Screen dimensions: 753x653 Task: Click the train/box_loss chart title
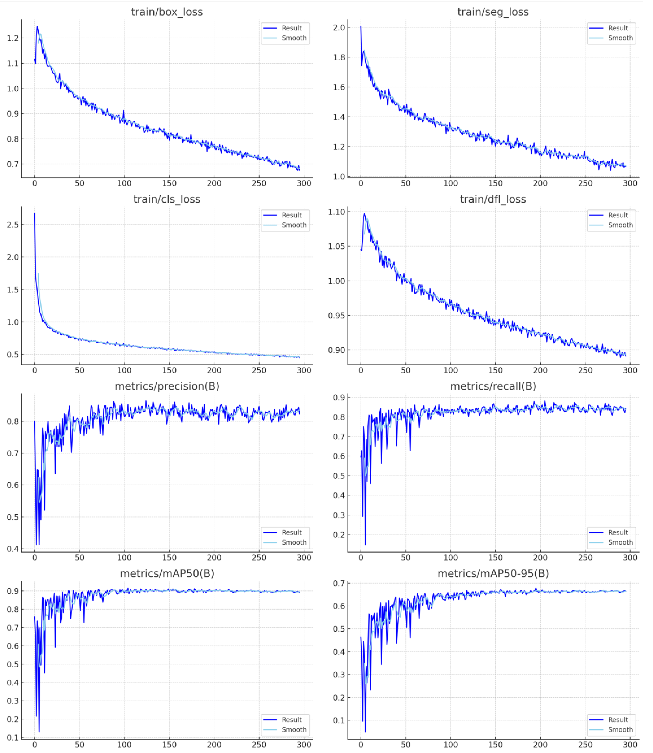(167, 12)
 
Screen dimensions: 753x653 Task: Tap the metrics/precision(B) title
(167, 386)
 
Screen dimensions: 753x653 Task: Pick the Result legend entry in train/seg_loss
(618, 28)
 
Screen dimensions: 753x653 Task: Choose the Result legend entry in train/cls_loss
(292, 215)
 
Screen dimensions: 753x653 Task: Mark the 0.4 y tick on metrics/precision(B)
(13, 549)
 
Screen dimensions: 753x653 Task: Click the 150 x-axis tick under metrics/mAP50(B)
(169, 745)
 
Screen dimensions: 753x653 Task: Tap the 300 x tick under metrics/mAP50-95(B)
(630, 745)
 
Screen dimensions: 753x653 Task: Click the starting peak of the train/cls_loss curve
(35, 214)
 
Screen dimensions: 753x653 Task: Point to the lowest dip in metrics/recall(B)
(365, 544)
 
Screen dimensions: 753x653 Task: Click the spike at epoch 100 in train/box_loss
(123, 110)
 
